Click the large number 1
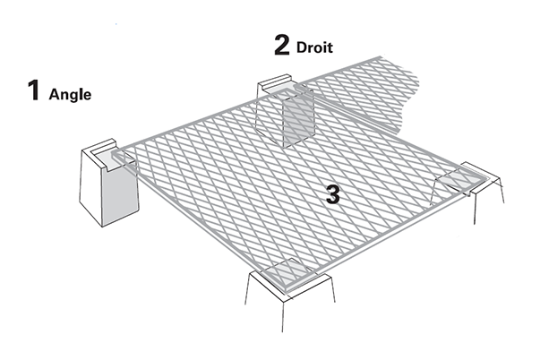34,90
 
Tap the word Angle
70,95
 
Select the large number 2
282,45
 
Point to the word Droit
314,47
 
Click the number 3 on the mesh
332,194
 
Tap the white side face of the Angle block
91,186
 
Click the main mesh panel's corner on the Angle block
116,155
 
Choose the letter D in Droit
301,47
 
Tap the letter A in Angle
54,94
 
